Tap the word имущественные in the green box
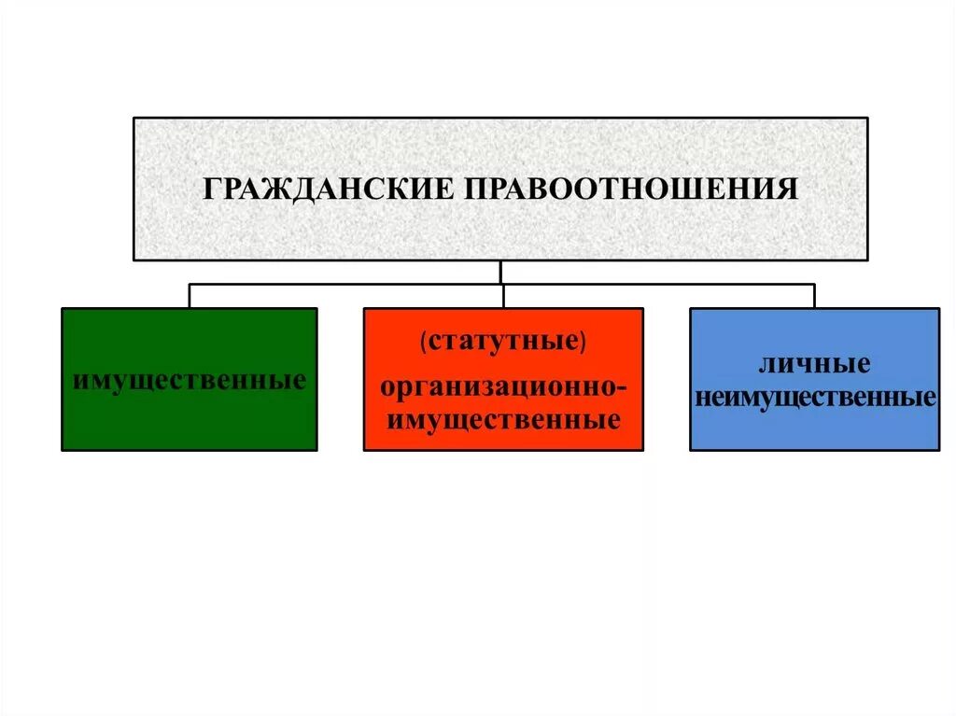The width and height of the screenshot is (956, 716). (x=190, y=381)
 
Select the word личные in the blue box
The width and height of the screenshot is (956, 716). (x=815, y=363)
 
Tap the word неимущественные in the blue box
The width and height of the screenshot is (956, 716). (x=815, y=398)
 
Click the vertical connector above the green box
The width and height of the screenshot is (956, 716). (x=190, y=296)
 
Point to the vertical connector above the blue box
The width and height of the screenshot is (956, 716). (x=814, y=296)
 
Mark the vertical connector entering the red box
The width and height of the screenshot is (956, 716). (x=503, y=297)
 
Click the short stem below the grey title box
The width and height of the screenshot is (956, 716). (x=501, y=272)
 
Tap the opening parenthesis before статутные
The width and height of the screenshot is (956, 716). (x=424, y=342)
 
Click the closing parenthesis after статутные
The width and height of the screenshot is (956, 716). (x=583, y=342)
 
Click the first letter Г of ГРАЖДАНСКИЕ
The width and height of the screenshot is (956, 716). (x=212, y=190)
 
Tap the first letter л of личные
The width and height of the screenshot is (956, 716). (x=766, y=364)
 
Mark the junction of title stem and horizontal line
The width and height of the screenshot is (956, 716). (x=501, y=284)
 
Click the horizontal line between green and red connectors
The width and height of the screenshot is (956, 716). (x=345, y=284)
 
